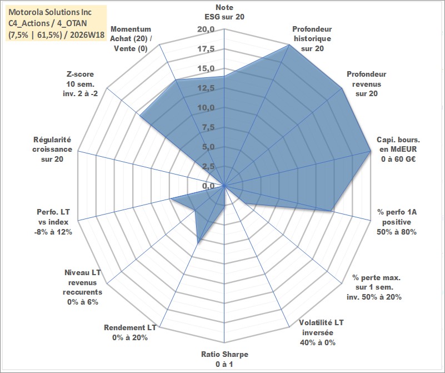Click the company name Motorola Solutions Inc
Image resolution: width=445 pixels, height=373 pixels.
coord(50,12)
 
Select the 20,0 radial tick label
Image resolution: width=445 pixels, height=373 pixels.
coord(206,29)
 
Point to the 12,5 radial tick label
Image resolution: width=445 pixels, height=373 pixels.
coord(206,88)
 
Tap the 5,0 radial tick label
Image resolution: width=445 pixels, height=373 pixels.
coord(208,147)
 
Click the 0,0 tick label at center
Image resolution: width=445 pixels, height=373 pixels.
coord(208,186)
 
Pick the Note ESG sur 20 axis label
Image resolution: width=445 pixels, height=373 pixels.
coord(224,12)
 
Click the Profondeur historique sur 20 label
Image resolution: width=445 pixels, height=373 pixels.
coord(312,38)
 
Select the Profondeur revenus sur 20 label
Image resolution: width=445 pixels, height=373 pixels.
coord(366,84)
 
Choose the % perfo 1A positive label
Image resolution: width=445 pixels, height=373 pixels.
coord(397,222)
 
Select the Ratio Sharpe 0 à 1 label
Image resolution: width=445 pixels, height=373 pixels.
coord(224,359)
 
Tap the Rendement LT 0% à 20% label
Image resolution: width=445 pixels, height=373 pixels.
coord(130,332)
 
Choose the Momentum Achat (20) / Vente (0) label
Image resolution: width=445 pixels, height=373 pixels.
coord(131,38)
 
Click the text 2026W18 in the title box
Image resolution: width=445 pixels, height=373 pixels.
coord(87,35)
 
